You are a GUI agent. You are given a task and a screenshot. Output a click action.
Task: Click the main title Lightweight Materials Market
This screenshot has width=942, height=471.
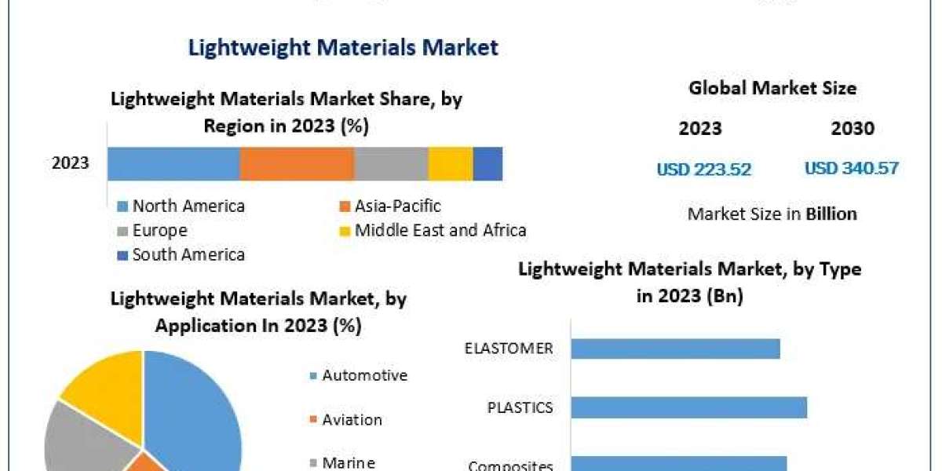343,47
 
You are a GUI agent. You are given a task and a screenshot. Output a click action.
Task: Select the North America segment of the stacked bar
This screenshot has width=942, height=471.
173,164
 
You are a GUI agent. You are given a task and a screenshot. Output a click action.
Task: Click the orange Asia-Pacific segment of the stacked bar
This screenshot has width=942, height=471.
297,164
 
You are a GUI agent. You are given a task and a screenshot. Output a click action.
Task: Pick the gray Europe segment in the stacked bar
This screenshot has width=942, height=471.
391,164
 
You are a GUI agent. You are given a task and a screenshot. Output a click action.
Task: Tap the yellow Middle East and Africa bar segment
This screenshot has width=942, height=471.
451,164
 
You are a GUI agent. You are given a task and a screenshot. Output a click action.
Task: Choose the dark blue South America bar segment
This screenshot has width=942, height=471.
487,164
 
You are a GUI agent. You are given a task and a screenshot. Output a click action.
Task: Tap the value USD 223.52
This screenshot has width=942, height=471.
703,169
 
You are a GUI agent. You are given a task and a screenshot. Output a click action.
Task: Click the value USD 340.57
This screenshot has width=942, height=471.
852,168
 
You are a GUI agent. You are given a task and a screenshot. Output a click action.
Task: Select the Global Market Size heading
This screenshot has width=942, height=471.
772,89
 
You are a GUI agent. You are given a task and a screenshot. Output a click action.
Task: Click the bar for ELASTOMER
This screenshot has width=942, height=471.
675,349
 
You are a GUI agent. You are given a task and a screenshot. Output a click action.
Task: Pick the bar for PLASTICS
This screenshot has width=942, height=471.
688,407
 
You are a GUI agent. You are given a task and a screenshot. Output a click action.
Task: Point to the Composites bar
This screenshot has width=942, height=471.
678,463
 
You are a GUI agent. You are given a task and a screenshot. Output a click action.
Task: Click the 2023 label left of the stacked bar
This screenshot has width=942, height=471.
71,164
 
